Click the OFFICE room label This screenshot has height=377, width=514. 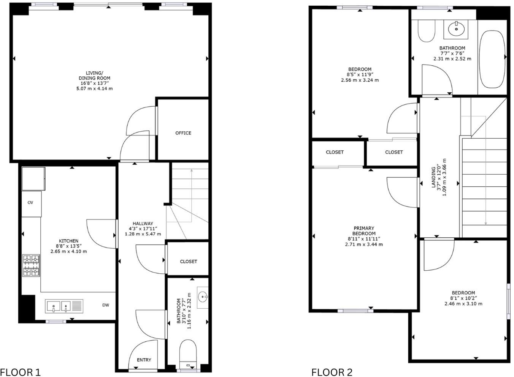coord(183,133)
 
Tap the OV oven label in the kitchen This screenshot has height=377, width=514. coord(30,203)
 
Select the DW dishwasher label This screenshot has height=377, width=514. coord(105,305)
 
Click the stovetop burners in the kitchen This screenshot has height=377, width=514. coord(31,265)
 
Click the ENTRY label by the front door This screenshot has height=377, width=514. coord(144,360)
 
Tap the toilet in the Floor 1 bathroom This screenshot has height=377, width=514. coord(187,352)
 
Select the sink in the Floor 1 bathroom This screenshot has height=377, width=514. coord(203,297)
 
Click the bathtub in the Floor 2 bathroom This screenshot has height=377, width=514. coord(492,59)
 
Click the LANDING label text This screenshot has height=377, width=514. coord(434,177)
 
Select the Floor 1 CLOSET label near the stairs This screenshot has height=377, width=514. coord(189,262)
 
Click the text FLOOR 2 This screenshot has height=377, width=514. coord(332,372)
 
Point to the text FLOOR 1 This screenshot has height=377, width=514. coord(20,372)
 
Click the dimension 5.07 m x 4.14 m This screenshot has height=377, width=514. coord(94,88)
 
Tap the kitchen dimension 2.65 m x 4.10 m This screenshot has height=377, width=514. coord(68,251)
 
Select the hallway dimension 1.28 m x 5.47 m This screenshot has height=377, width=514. coord(143,234)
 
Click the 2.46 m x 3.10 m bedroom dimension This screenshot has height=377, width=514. coord(463,304)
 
